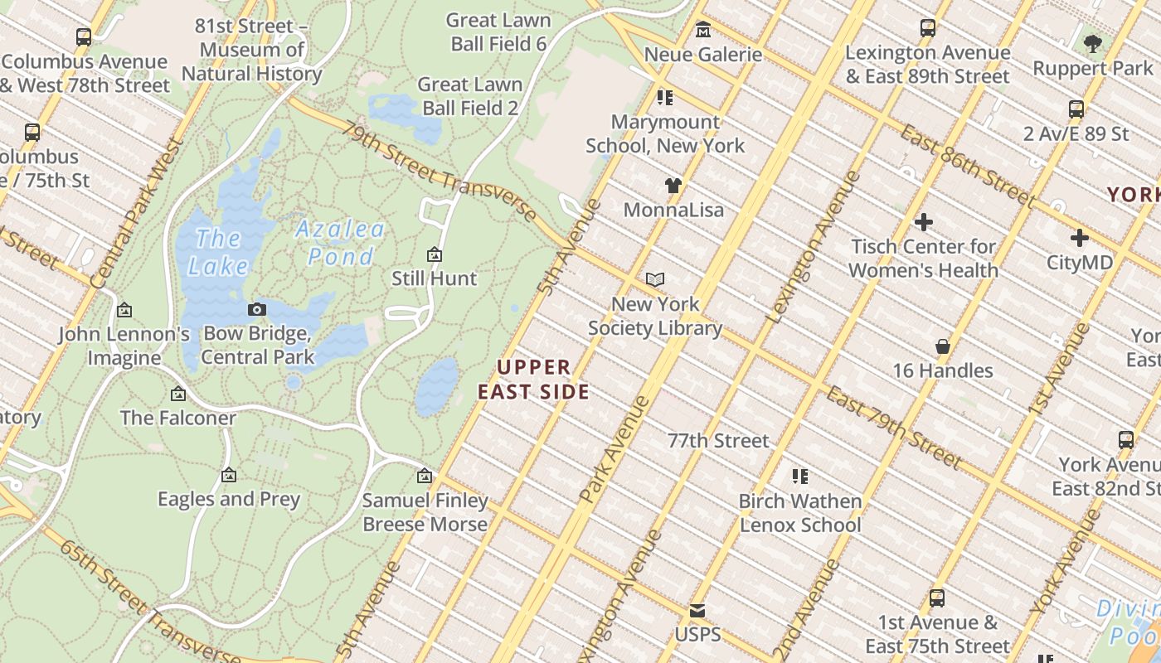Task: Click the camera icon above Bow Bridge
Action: coord(257,309)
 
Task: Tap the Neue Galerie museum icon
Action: coord(703,30)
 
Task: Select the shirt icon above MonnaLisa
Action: coord(673,185)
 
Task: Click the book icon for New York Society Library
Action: coord(655,279)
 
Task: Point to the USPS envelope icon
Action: coord(697,611)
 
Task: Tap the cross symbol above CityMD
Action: coord(1079,238)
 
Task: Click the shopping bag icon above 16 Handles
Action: coord(942,346)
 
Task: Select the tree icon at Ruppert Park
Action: coord(1093,43)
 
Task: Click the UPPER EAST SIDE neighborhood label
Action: coord(535,379)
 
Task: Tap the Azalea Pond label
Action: coord(340,242)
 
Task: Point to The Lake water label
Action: coord(217,252)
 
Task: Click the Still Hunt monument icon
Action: coord(434,254)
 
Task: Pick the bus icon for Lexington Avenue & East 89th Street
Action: coord(928,28)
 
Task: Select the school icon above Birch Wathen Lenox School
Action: coord(800,477)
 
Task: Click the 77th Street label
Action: coord(718,440)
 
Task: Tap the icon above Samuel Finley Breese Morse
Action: coord(425,476)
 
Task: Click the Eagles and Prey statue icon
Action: coord(229,475)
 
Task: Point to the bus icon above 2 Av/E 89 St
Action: coord(1076,109)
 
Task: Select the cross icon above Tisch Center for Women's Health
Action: coord(923,222)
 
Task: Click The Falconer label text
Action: coord(178,418)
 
